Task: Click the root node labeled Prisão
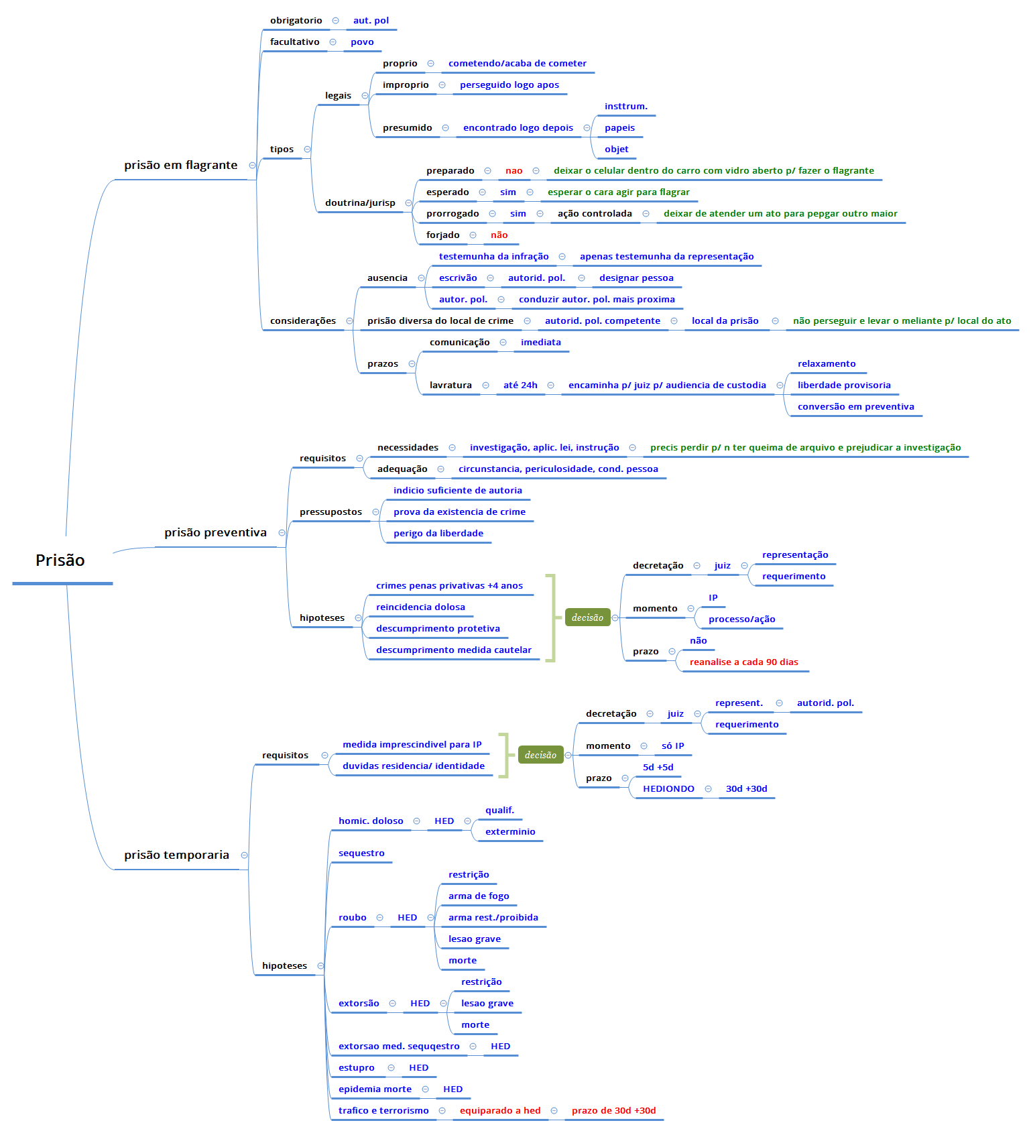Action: click(60, 560)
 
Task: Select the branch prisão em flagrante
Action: click(180, 165)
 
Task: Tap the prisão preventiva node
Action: click(215, 532)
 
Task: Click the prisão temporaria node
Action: click(176, 855)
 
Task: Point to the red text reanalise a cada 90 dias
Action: click(743, 662)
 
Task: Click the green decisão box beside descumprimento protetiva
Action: click(587, 617)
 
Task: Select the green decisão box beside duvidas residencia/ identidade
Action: click(540, 755)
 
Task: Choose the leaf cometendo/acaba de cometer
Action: click(517, 63)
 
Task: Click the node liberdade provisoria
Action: click(843, 385)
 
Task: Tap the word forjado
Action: click(442, 235)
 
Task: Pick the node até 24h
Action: click(520, 385)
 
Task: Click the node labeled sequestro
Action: click(361, 853)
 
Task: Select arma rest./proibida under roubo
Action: click(493, 917)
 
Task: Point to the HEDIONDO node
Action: click(668, 788)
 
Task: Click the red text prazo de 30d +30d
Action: click(613, 1110)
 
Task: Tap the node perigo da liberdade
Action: click(438, 533)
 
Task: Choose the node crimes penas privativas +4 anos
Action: click(449, 585)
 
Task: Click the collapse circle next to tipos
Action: click(307, 149)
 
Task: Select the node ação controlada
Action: click(595, 213)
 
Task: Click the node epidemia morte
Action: click(375, 1089)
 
